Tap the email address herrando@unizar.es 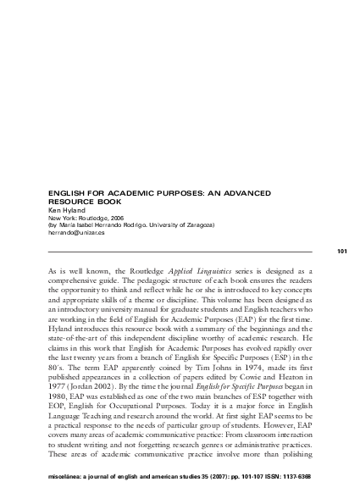(79, 230)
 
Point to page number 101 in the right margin (342, 252)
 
